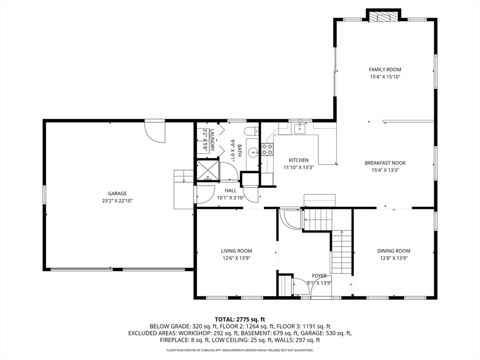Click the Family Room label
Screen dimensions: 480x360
[x=385, y=69]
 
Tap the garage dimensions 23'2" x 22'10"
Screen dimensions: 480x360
[x=117, y=201]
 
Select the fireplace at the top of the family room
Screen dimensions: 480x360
[x=383, y=17]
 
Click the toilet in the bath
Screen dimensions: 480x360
[x=251, y=131]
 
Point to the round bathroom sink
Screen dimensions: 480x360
[x=253, y=152]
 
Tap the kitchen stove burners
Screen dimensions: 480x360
[x=267, y=149]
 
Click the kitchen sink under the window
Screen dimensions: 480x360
[x=300, y=129]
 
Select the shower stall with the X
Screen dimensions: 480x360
[x=208, y=171]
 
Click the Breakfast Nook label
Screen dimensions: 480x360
[x=385, y=163]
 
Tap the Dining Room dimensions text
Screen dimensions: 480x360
[x=394, y=258]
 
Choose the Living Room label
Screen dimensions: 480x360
[x=236, y=251]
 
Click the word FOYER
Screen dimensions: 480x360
[x=319, y=276]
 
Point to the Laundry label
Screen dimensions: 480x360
[x=212, y=140]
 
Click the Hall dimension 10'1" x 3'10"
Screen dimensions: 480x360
[x=231, y=198]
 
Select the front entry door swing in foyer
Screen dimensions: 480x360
[x=321, y=287]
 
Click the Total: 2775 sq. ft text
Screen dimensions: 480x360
[x=240, y=320]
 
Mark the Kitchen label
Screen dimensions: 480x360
[x=299, y=160]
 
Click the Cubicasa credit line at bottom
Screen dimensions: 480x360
[x=240, y=350]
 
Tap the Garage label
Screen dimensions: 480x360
[x=117, y=194]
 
